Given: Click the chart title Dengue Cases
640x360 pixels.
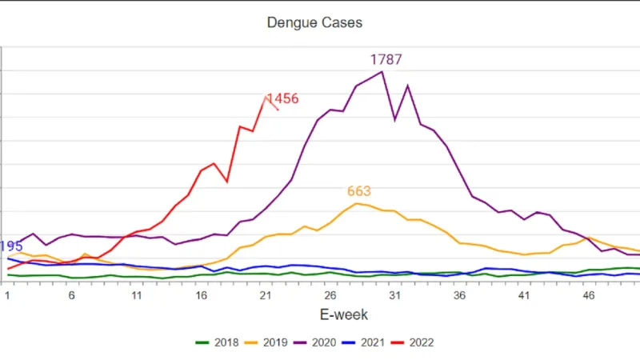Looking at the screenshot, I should click(x=314, y=22).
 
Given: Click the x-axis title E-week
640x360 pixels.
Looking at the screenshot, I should click(x=323, y=315).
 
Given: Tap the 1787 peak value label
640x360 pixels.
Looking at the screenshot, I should click(x=386, y=60).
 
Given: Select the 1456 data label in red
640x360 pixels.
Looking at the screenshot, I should click(x=282, y=99).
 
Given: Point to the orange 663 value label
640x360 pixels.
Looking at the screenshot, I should click(x=359, y=191).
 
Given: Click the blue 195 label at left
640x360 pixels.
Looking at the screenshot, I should click(x=11, y=246).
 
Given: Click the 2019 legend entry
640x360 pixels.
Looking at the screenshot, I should click(x=272, y=342).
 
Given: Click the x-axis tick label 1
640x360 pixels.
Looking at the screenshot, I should click(x=7, y=295).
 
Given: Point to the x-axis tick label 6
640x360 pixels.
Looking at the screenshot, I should click(x=72, y=295).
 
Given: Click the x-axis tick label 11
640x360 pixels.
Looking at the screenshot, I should click(x=137, y=295).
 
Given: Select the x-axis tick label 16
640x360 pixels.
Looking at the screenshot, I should click(x=202, y=295).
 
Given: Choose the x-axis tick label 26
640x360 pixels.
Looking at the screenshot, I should click(x=330, y=295).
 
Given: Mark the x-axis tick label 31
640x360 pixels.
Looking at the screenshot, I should click(x=395, y=295).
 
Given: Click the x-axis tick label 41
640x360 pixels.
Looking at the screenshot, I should click(x=525, y=295).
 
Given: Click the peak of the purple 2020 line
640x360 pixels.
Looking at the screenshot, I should click(x=382, y=72).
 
